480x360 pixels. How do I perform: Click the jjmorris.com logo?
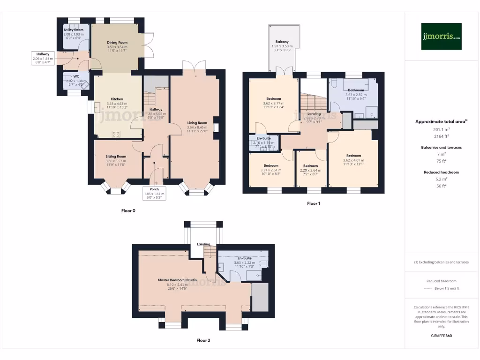(x=441, y=36)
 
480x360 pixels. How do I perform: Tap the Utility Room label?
(x=74, y=30)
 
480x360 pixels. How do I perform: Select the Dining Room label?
(x=117, y=43)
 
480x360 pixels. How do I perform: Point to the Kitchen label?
(x=117, y=99)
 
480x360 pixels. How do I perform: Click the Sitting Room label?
(x=116, y=157)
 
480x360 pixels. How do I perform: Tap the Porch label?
(x=154, y=190)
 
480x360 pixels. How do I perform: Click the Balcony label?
(x=282, y=42)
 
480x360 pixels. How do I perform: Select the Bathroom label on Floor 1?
(x=356, y=90)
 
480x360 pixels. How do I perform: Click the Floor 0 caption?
(x=128, y=211)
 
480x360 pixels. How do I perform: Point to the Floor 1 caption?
(x=314, y=203)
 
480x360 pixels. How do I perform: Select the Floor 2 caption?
(x=203, y=340)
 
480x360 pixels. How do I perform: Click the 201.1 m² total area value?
(x=441, y=130)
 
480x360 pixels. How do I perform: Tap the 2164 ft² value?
(x=441, y=136)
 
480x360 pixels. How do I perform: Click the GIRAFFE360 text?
(x=441, y=336)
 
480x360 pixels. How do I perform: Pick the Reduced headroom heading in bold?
(x=441, y=172)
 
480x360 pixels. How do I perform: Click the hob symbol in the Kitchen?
(x=116, y=134)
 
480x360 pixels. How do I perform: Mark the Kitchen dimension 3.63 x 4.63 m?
(x=117, y=104)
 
